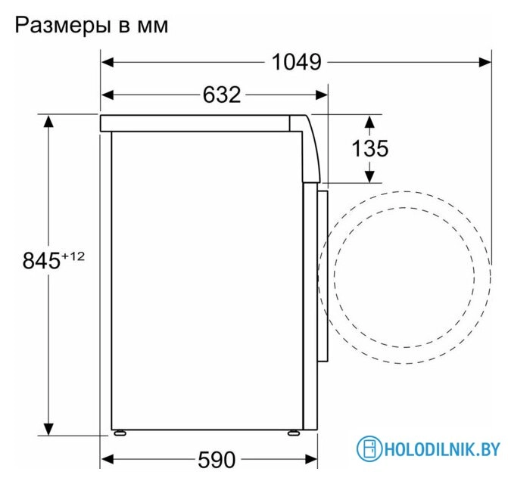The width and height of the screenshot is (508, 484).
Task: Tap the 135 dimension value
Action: pos(369,148)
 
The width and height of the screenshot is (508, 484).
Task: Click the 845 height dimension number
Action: pos(40,262)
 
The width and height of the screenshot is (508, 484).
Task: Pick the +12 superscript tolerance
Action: pos(72,256)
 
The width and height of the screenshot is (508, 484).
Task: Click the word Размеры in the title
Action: pos(63,25)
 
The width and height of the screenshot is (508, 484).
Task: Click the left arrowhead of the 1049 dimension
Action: pos(108,62)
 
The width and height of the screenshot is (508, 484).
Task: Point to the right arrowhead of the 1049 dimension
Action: pos(491,62)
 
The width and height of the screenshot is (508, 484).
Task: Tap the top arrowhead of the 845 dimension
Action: pos(50,121)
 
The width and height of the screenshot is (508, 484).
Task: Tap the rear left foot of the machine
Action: pos(119,434)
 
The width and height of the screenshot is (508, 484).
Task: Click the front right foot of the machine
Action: pos(291,434)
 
